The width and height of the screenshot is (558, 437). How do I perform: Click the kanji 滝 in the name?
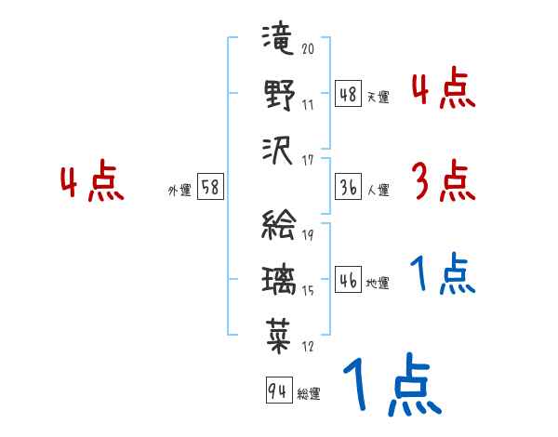278,37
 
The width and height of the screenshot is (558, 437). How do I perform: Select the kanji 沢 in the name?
277,152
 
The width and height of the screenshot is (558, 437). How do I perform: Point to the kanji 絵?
279,224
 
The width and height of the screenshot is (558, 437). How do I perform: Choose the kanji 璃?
279,281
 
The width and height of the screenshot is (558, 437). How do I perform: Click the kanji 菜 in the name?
279,336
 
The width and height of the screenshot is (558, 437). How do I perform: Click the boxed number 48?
348,94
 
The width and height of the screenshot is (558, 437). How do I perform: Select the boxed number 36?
348,187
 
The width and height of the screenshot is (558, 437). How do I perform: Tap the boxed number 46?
348,279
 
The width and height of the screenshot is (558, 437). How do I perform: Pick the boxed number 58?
210,187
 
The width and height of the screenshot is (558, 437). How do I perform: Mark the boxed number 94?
279,390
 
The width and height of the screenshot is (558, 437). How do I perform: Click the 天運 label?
379,97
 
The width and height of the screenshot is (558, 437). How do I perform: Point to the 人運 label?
379,190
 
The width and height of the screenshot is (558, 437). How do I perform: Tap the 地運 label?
378,283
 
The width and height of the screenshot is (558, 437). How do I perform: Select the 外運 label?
179,190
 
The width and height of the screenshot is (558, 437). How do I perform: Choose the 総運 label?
309,393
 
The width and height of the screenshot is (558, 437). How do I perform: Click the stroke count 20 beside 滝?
308,48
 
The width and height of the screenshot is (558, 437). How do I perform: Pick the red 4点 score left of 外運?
92,180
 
